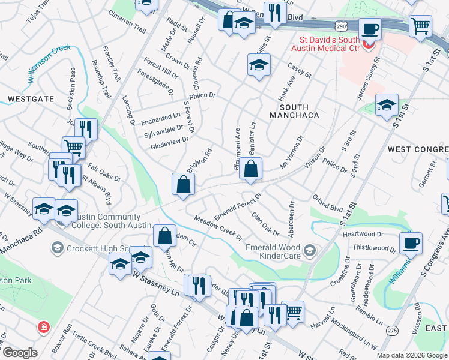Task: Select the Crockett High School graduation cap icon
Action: click(x=58, y=247)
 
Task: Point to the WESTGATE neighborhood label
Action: click(x=31, y=98)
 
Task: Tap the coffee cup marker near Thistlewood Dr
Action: click(x=411, y=243)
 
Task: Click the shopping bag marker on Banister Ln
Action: click(x=251, y=170)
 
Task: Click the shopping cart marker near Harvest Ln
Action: click(x=293, y=311)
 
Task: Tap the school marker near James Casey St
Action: click(x=387, y=105)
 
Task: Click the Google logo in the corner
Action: click(x=20, y=353)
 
